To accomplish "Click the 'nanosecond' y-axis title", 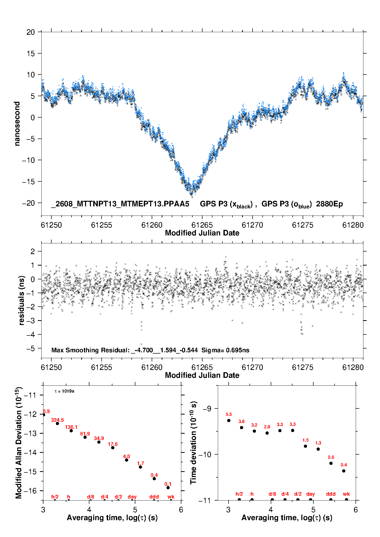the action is click(17, 123).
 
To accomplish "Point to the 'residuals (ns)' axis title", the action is click(22, 300).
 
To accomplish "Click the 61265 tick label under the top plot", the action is click(202, 225).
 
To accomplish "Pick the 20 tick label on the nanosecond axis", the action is click(30, 32).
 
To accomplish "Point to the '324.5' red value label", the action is click(57, 420).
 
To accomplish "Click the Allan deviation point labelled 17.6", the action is click(113, 448).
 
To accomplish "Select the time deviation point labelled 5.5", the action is click(229, 420).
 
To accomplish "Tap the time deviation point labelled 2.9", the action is click(267, 433).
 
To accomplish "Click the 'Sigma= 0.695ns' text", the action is click(225, 350).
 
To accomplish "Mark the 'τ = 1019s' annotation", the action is click(64, 391).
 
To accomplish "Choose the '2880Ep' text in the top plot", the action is click(329, 204).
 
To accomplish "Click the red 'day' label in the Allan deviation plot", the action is click(132, 497).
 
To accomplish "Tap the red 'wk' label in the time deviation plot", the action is click(346, 494).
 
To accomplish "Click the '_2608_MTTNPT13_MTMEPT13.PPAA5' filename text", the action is click(120, 204).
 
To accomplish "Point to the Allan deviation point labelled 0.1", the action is click(168, 488).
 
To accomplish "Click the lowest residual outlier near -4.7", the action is click(141, 344).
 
